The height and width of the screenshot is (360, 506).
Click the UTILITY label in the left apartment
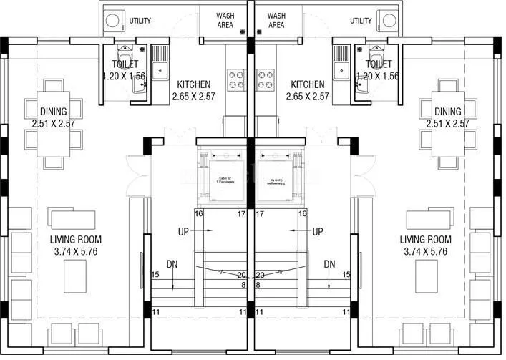[x=140, y=21]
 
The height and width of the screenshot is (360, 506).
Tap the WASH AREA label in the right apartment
[x=276, y=20]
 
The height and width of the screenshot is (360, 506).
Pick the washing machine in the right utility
[x=391, y=21]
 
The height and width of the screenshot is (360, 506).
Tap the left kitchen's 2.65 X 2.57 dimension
[x=194, y=97]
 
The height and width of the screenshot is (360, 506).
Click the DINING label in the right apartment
[x=447, y=112]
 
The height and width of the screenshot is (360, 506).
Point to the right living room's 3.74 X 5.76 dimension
[x=426, y=251]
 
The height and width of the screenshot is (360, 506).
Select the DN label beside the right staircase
[x=329, y=263]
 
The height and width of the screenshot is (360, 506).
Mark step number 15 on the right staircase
[x=346, y=275]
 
